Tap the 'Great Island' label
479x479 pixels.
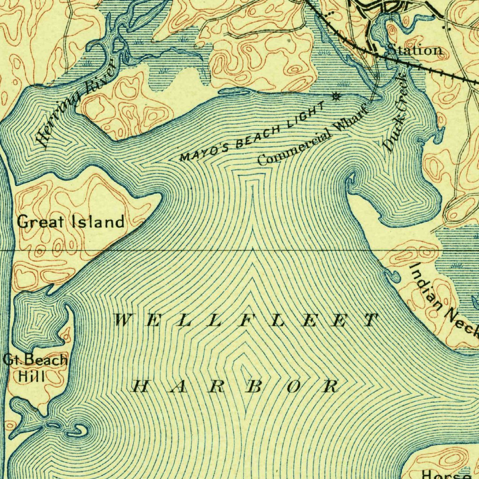click(71, 221)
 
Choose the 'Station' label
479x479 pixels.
click(414, 50)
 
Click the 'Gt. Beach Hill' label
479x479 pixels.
click(35, 368)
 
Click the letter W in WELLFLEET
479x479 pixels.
click(123, 320)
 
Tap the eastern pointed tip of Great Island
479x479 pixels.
click(161, 198)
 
